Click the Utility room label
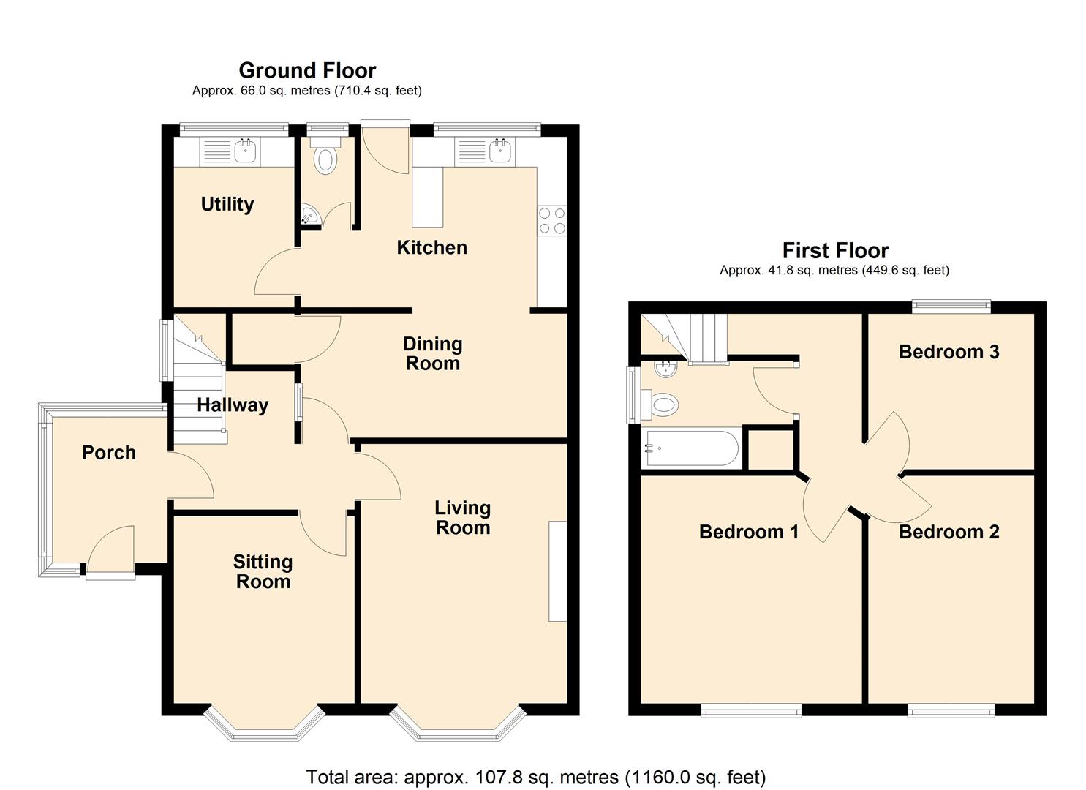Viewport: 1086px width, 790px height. [227, 204]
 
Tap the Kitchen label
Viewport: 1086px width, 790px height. [431, 247]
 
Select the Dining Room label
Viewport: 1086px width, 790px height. [432, 353]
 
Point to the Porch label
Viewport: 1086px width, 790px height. [108, 453]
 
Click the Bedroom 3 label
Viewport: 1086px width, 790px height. [949, 352]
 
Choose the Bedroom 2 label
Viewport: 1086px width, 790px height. [949, 532]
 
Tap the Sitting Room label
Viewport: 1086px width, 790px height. [263, 571]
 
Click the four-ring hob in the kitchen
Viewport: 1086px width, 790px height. [552, 220]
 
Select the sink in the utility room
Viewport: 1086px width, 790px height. [245, 152]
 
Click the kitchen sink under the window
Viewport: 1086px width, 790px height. [500, 152]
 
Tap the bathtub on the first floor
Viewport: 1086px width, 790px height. [692, 448]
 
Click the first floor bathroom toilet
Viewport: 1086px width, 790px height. [662, 404]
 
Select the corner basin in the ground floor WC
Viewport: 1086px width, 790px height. [309, 216]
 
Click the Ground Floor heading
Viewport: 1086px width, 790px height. [307, 70]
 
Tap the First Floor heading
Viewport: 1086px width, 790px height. [835, 251]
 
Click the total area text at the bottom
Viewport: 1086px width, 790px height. [535, 776]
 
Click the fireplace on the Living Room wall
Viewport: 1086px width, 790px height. [558, 571]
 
